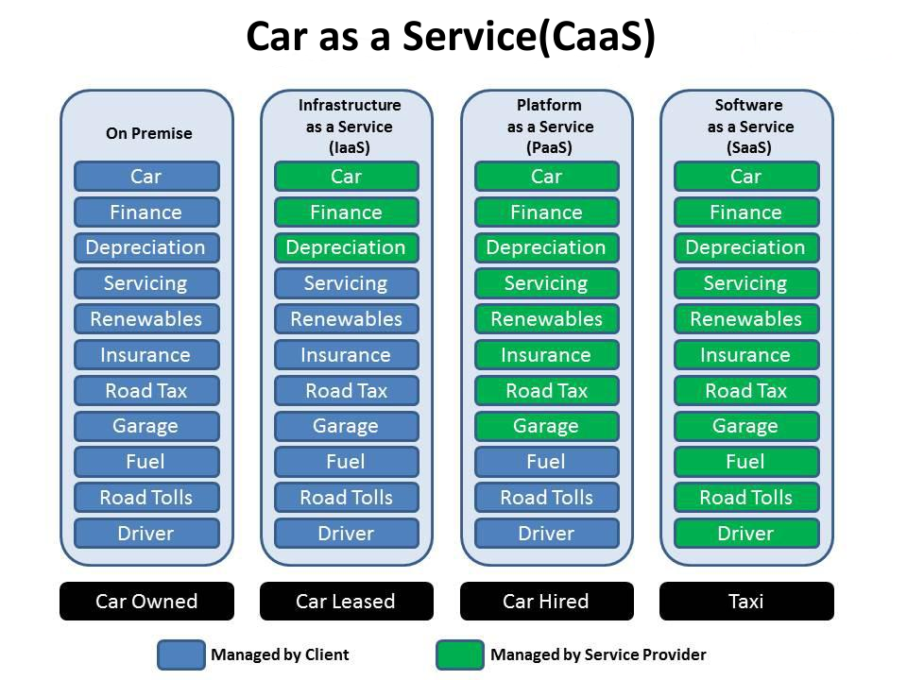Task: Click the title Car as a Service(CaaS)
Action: (x=450, y=38)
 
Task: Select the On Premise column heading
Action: (x=148, y=133)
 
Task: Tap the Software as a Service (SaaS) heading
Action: (x=748, y=127)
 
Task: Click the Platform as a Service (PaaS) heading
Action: (x=549, y=127)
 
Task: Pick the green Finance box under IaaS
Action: (x=346, y=212)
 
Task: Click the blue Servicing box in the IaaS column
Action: (x=346, y=283)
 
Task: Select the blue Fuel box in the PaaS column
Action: (x=546, y=462)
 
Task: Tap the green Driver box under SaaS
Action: (x=745, y=534)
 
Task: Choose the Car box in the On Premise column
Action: (x=146, y=177)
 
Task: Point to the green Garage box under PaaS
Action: (x=546, y=426)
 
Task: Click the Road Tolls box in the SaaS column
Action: (x=745, y=498)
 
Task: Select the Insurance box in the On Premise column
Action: (x=146, y=355)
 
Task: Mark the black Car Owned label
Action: (x=146, y=602)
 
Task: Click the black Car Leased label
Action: (x=346, y=602)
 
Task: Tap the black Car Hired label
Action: (x=546, y=602)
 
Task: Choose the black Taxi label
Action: (x=746, y=602)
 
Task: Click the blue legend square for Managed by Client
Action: (x=180, y=655)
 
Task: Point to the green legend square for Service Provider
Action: (x=459, y=655)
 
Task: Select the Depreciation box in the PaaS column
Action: (x=546, y=247)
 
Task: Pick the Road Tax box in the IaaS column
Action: (x=346, y=391)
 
